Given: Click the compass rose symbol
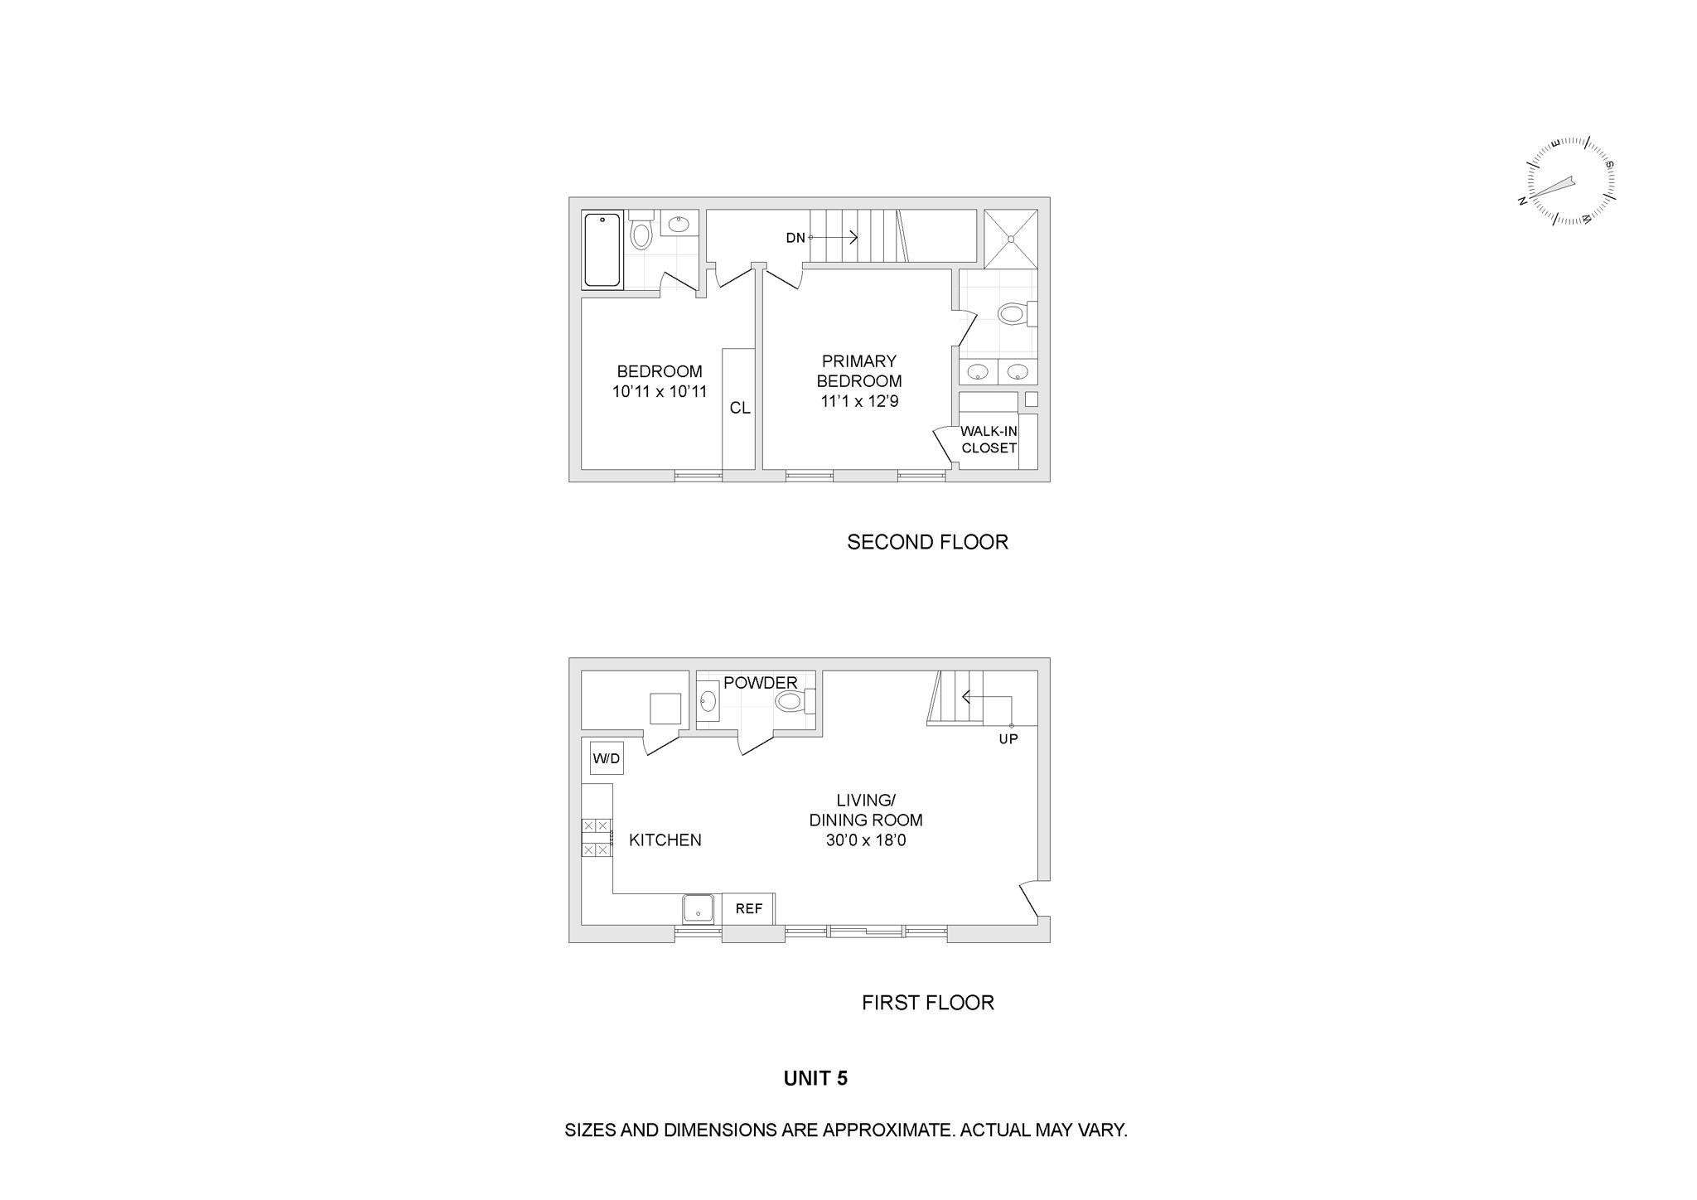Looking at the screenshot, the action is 1569,181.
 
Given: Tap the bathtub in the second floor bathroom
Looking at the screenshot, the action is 602,250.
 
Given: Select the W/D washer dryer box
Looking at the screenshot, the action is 607,758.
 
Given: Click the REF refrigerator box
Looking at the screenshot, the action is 749,908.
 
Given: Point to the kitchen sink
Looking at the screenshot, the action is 699,909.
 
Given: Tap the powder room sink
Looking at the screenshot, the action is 708,701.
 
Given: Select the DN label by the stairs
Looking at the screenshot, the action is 795,238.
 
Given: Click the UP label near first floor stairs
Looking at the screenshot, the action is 1008,738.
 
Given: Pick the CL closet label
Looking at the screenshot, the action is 740,408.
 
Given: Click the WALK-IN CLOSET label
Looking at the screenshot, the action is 989,439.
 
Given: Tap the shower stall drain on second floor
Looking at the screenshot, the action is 1011,239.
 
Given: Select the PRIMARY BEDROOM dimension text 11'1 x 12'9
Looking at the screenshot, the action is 859,401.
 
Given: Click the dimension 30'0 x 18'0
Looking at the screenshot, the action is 866,840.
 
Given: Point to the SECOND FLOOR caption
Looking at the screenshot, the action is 927,542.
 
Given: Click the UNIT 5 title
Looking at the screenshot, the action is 815,1078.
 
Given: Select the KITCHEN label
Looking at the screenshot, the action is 665,840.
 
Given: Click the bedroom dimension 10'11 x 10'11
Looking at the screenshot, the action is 660,391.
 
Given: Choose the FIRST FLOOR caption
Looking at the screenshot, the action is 928,1003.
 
